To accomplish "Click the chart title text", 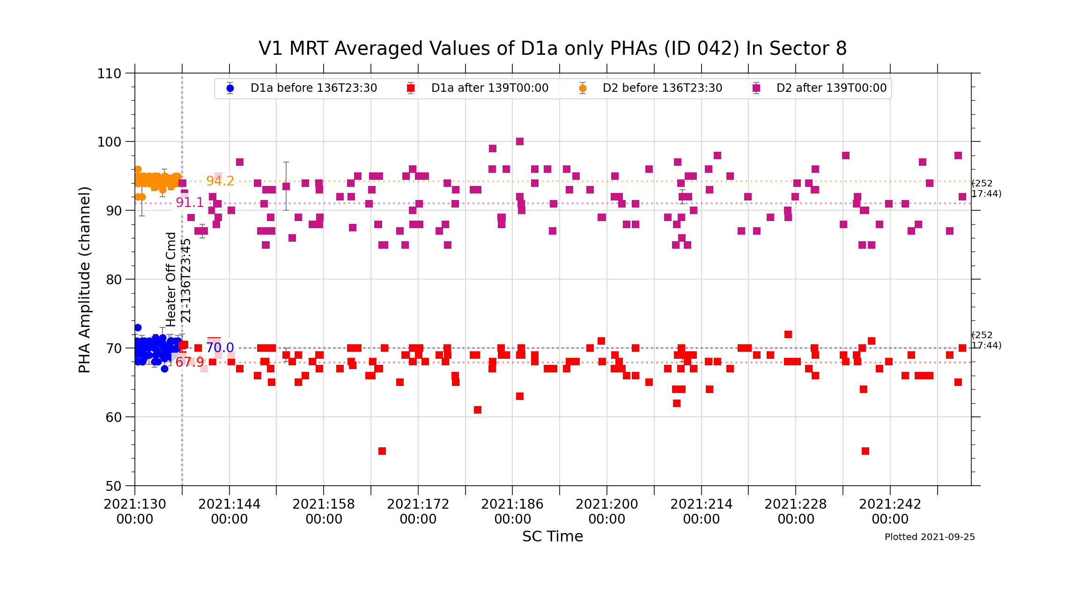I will point(553,49).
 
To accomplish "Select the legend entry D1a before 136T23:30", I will point(313,88).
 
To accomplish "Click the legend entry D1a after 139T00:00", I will point(489,88).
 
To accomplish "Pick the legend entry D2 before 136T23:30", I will point(662,88).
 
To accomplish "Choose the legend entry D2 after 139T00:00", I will point(831,88).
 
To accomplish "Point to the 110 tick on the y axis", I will point(109,74).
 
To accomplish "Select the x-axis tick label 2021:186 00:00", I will point(512,511).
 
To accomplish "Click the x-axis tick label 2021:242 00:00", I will point(890,511).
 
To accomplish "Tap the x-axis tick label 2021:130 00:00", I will point(135,511).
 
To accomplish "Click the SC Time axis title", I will point(553,536).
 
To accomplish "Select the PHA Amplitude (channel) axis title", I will point(85,280).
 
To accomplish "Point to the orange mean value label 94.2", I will point(220,181).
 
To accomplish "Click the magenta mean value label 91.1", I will point(190,202).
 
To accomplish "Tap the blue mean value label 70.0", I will point(220,348).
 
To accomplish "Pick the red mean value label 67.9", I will point(190,362).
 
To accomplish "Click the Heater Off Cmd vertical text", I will point(171,280).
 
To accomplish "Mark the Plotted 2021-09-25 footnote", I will point(930,537).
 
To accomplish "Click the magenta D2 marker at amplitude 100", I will point(520,141).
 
